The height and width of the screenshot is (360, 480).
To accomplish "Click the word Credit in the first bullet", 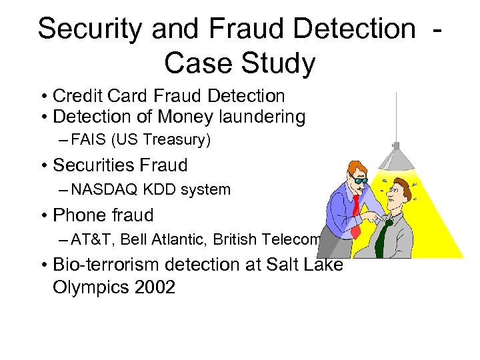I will click(x=73, y=97).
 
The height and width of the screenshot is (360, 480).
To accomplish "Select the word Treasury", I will click(x=181, y=140).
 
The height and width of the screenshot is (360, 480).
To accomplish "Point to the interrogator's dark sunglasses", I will click(x=361, y=179).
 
